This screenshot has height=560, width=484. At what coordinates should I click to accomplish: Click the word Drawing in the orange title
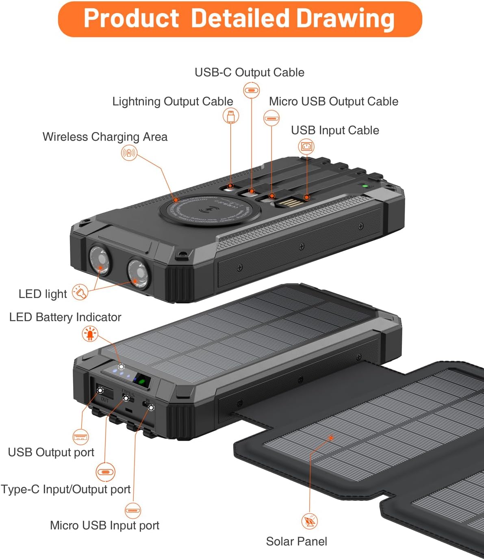click(x=345, y=19)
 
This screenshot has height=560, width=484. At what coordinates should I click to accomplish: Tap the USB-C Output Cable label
click(x=249, y=72)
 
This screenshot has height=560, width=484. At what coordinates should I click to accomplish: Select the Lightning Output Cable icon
click(x=231, y=116)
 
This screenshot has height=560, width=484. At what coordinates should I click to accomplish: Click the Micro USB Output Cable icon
click(x=271, y=119)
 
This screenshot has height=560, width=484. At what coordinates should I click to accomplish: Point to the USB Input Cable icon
click(x=306, y=146)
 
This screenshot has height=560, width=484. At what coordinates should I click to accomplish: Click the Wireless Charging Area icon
click(x=129, y=153)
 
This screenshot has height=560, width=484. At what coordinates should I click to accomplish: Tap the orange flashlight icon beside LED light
click(x=80, y=292)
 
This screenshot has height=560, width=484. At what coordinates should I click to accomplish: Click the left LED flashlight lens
click(x=99, y=260)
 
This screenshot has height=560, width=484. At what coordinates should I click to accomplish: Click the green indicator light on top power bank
click(x=365, y=186)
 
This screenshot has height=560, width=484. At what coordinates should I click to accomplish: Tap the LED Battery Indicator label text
click(x=65, y=317)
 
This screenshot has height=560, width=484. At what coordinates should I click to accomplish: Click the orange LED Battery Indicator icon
click(x=90, y=334)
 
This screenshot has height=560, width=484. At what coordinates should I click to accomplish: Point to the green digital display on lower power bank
click(x=143, y=381)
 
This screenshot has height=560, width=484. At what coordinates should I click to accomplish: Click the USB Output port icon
click(x=80, y=437)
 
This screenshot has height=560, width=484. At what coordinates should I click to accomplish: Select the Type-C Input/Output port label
click(x=65, y=489)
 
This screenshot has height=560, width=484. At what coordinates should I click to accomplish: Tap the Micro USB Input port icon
click(x=132, y=510)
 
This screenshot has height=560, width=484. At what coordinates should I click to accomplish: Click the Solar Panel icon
click(x=310, y=521)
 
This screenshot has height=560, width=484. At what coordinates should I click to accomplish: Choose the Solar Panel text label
click(x=296, y=541)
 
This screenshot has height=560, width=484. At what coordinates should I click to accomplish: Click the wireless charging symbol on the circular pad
click(x=209, y=211)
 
